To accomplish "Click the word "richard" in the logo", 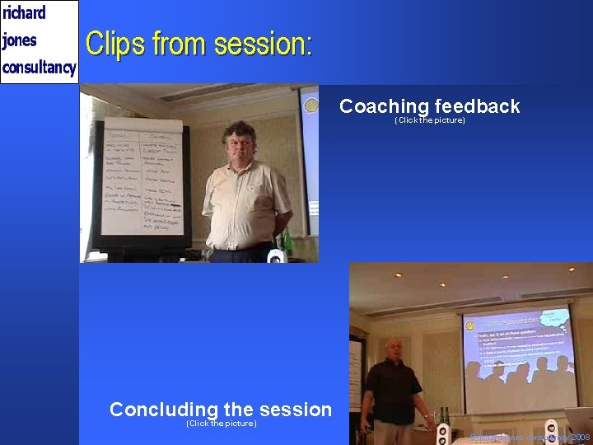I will [24, 13].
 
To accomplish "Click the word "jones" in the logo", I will [20, 40].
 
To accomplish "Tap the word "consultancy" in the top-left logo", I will [39, 67].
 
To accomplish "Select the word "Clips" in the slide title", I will [114, 44].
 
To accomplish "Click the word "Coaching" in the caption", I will [384, 106].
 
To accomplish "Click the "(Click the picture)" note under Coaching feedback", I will [429, 120].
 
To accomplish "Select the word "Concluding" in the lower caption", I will [163, 410].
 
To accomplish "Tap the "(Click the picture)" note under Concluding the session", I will [221, 424].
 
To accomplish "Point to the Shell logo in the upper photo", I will [311, 105].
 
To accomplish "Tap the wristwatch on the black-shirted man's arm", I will [426, 417].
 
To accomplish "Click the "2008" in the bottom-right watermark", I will [580, 437].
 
